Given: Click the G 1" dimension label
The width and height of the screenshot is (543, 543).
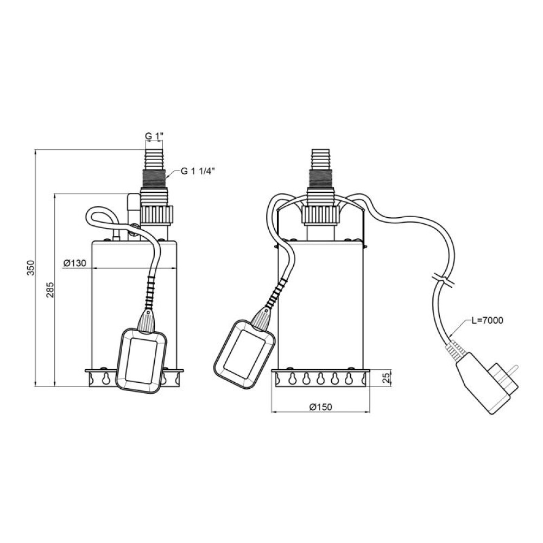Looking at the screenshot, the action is (x=154, y=136).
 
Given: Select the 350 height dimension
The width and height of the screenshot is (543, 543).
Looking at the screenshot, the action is (x=31, y=268).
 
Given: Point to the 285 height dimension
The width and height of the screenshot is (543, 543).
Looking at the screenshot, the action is (x=50, y=290).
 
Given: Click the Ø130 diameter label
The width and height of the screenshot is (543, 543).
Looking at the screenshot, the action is (x=75, y=263).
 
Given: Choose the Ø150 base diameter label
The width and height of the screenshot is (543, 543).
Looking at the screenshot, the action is (x=320, y=407).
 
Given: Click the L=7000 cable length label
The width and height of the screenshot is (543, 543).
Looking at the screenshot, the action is (x=487, y=321).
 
